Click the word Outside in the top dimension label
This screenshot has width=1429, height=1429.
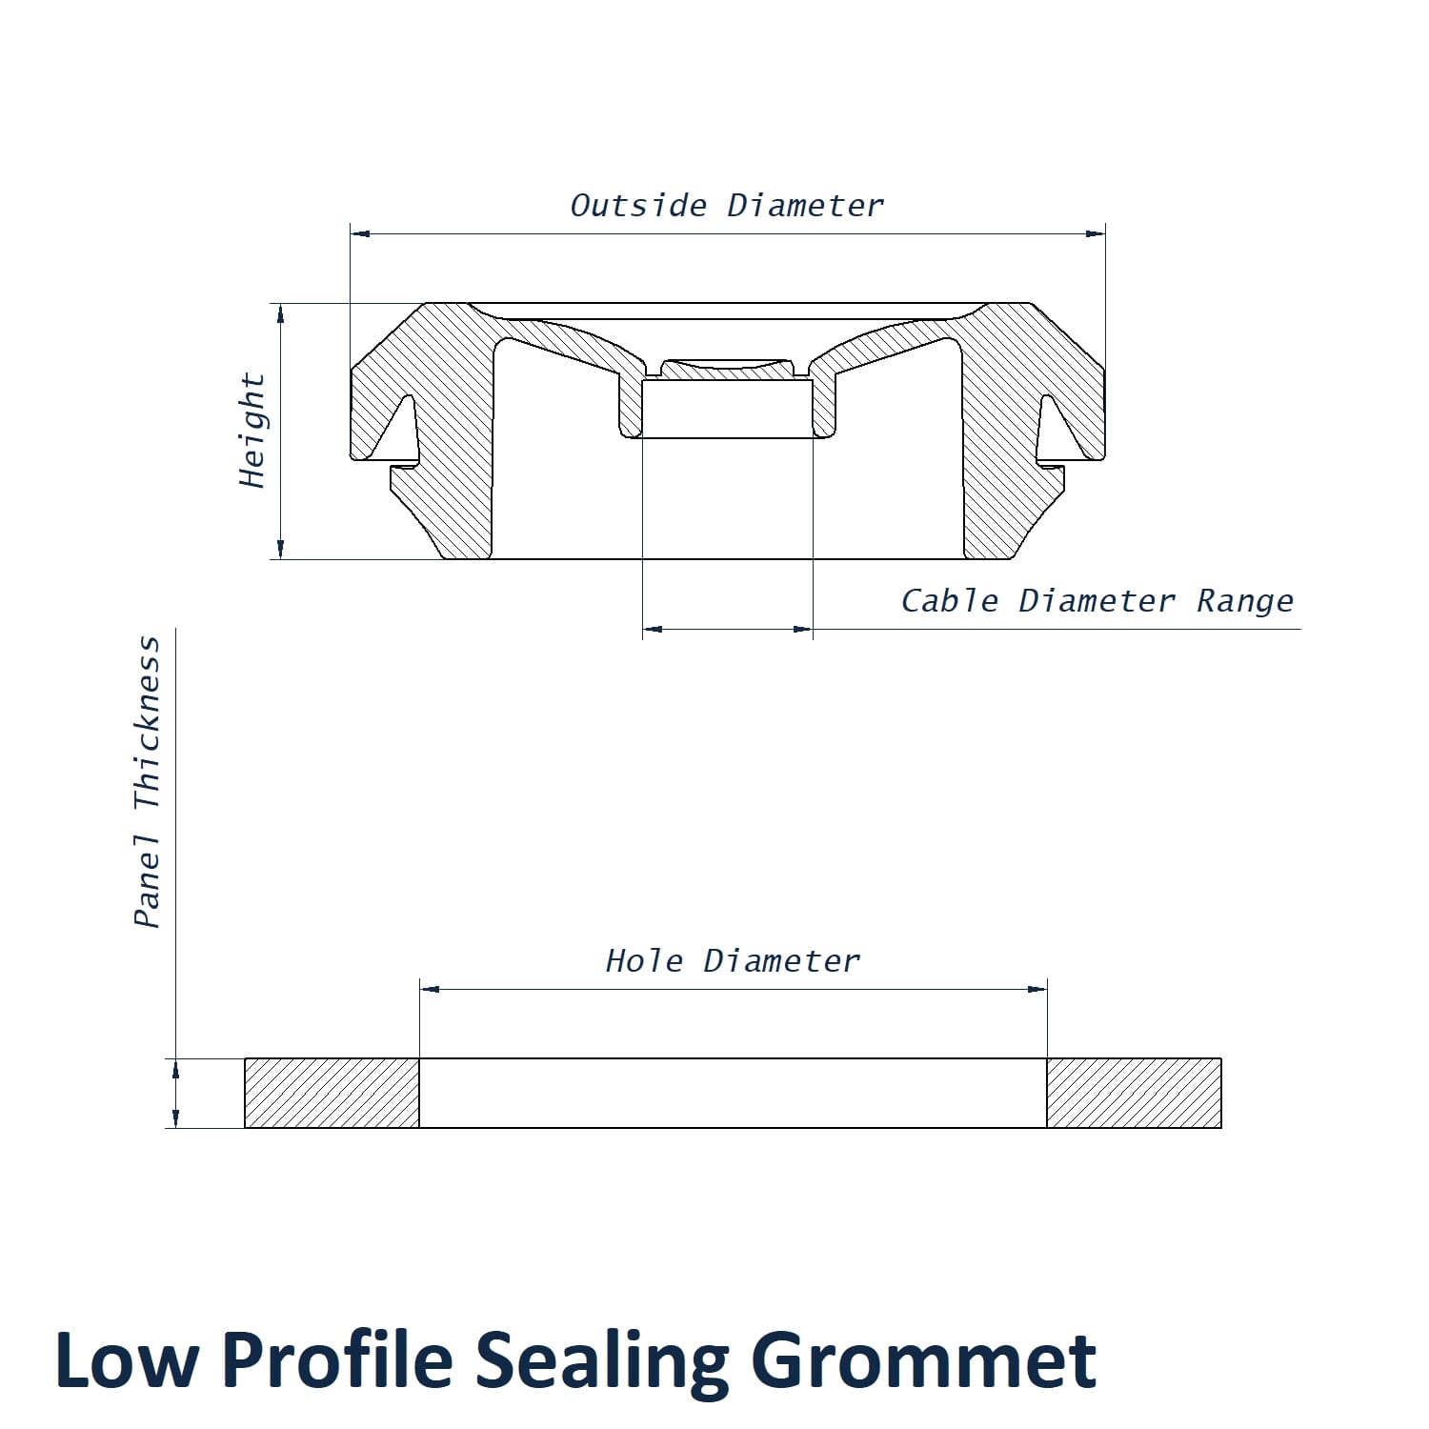click(638, 206)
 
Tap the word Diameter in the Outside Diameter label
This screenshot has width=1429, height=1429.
click(806, 206)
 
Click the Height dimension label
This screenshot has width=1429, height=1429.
click(252, 431)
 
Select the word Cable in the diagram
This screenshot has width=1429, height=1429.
click(950, 601)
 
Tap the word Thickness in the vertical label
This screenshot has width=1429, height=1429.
click(147, 724)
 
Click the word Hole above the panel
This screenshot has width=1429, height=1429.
click(645, 960)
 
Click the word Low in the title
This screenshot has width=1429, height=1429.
click(127, 1360)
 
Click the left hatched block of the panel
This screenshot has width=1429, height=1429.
click(332, 1093)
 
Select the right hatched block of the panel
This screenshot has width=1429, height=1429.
click(1134, 1093)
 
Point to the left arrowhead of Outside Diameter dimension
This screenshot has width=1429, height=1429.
click(360, 232)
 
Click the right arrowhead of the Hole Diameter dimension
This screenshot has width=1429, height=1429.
click(1037, 989)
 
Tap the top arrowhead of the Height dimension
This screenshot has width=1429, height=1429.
click(280, 313)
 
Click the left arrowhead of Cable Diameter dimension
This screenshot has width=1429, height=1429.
click(653, 629)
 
